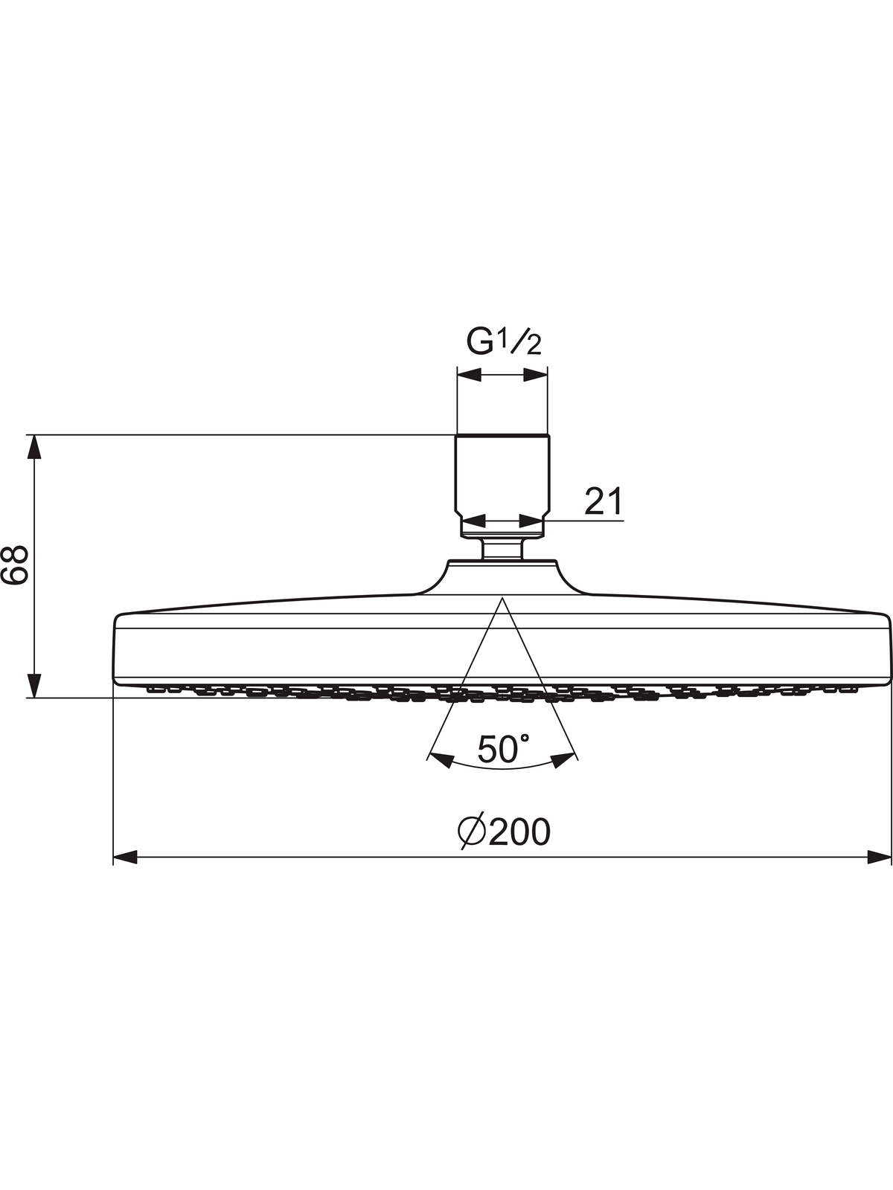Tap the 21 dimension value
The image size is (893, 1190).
click(604, 501)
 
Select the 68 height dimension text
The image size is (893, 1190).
click(14, 565)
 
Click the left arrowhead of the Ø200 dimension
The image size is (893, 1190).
click(125, 857)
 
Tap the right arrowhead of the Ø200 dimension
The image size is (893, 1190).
click(879, 857)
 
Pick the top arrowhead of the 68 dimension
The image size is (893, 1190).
click(34, 447)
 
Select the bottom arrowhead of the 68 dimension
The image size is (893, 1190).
click(34, 686)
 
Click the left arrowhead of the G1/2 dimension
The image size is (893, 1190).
click(470, 375)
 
